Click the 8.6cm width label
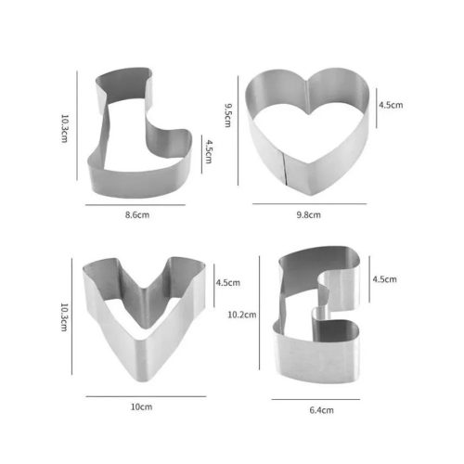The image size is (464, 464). click(x=138, y=215)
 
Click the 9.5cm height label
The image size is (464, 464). click(x=230, y=118)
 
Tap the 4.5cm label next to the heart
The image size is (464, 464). click(x=390, y=105)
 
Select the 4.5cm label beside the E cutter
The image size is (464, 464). click(x=384, y=278)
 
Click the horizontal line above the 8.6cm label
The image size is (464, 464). click(x=138, y=203)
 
